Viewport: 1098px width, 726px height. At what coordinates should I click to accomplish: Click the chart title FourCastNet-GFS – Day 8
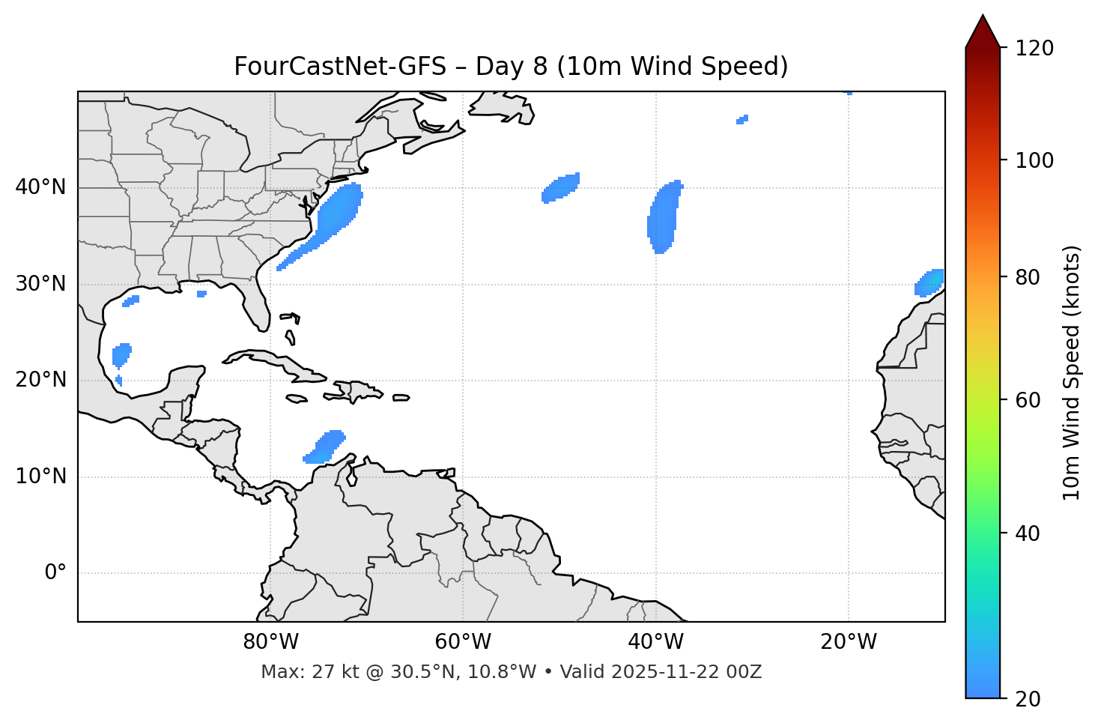pyautogui.click(x=511, y=67)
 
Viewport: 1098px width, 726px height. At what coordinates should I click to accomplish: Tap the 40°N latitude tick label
pyautogui.click(x=40, y=187)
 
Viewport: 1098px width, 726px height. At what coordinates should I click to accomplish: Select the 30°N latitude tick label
pyautogui.click(x=40, y=284)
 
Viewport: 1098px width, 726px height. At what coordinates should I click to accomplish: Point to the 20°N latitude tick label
pyautogui.click(x=40, y=380)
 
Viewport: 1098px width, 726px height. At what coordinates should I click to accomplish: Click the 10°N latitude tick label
pyautogui.click(x=40, y=477)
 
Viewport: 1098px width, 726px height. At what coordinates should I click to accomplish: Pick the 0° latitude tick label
pyautogui.click(x=55, y=573)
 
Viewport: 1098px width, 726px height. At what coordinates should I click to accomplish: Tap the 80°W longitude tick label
pyautogui.click(x=270, y=642)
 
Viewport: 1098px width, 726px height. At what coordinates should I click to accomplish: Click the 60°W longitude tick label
pyautogui.click(x=463, y=642)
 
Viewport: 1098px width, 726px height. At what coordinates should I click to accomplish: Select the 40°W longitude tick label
pyautogui.click(x=656, y=642)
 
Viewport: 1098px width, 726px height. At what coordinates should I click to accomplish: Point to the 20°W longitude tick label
pyautogui.click(x=849, y=642)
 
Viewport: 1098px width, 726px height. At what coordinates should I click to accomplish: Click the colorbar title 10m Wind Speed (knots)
pyautogui.click(x=1072, y=372)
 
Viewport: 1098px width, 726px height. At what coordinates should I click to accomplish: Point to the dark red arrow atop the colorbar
pyautogui.click(x=983, y=32)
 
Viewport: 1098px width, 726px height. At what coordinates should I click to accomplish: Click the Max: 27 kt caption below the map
pyautogui.click(x=511, y=672)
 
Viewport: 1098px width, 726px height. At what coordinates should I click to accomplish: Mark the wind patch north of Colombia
pyautogui.click(x=324, y=447)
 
